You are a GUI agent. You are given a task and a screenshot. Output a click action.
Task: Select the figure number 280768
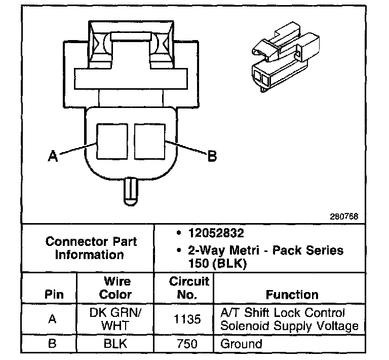click(x=345, y=216)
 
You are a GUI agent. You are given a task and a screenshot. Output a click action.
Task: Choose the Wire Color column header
click(x=117, y=288)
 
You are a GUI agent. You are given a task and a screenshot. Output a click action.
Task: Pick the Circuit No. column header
click(x=189, y=288)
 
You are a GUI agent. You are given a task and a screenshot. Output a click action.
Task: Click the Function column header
click(x=292, y=295)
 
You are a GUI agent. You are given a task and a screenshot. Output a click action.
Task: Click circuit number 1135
click(x=189, y=319)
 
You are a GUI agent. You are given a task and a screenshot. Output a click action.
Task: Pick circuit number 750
click(x=189, y=344)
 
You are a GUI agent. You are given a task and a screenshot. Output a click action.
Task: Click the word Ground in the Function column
click(x=241, y=344)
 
